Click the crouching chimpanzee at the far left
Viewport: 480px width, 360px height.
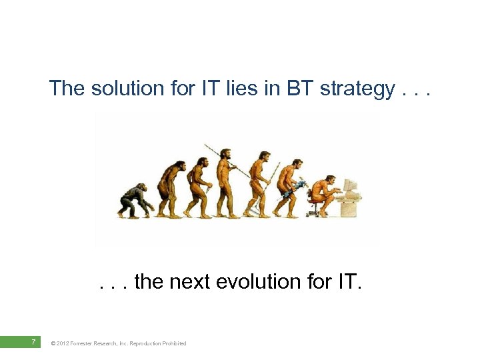[135, 200]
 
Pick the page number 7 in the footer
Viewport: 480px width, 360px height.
[33, 343]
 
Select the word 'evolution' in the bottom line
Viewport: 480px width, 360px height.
[261, 282]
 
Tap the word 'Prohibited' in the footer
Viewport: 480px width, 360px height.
[173, 343]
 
